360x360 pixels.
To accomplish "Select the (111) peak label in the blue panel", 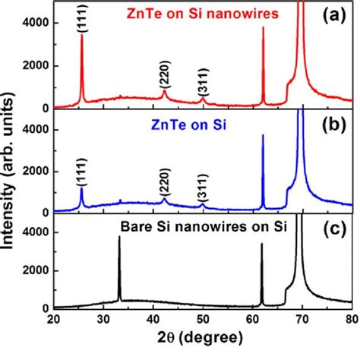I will [81, 175].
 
